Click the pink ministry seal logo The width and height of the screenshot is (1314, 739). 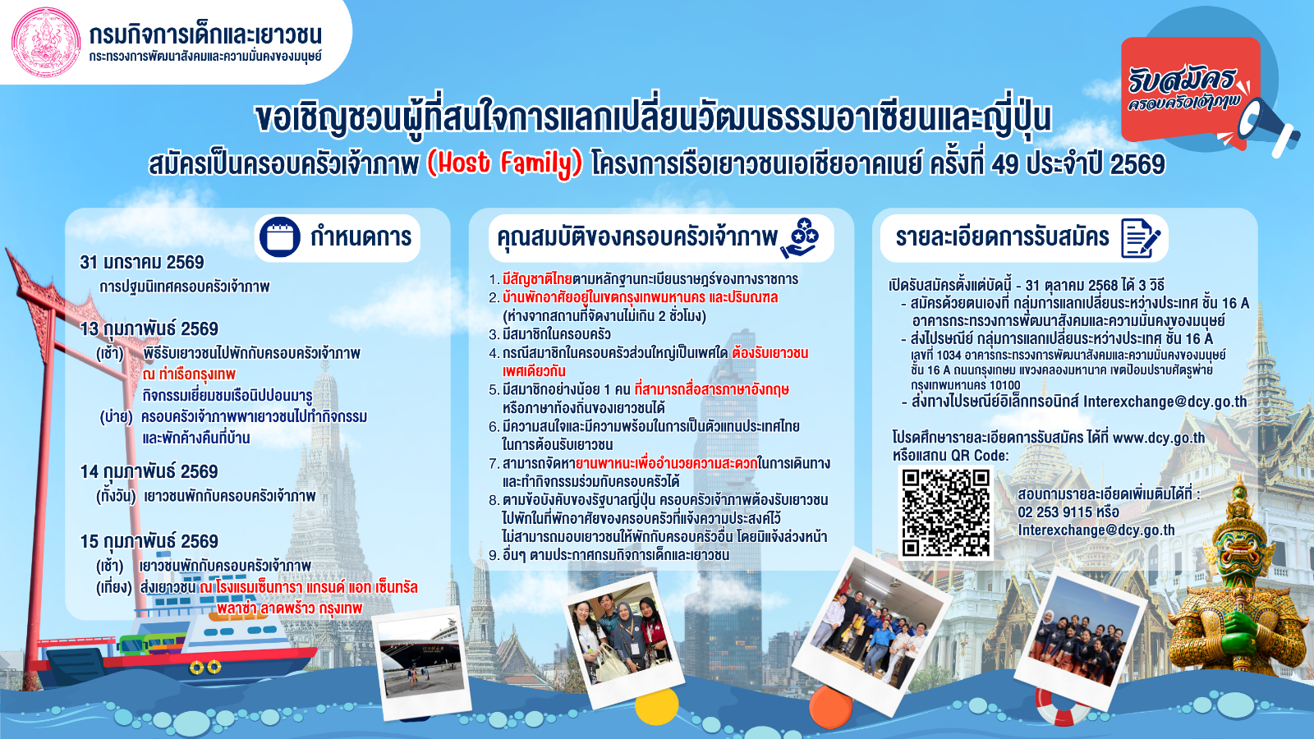pos(46,42)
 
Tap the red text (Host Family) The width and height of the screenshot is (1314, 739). pos(504,163)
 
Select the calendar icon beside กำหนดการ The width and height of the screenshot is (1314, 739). pos(280,237)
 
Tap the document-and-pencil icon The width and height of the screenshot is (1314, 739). pos(1140,238)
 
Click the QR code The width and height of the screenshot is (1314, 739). pos(945,512)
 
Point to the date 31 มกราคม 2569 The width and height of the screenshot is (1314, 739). pos(142,262)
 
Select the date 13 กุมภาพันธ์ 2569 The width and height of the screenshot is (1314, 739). pos(149,329)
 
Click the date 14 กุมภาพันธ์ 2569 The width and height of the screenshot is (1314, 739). pos(149,471)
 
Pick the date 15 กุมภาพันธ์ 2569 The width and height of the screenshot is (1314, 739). pos(149,541)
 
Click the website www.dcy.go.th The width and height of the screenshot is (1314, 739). pos(1159,438)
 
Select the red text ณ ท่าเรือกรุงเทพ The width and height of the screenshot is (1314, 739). pos(189,374)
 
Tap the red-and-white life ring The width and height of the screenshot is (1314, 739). pos(1062,708)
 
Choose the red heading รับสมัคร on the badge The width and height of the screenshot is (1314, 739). pos(1182,80)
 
